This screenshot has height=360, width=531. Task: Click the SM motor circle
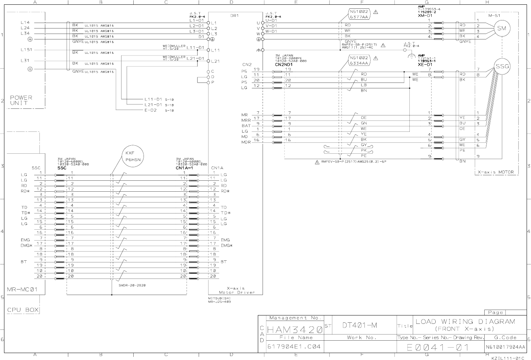tap(502, 28)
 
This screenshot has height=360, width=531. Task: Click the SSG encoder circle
tap(502, 66)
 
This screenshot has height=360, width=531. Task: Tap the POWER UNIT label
tap(21, 100)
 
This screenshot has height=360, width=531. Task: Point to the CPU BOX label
tap(23, 310)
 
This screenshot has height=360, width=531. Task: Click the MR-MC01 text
tap(22, 290)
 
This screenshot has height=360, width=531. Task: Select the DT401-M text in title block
tap(359, 325)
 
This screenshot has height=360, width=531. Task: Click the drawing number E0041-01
tap(438, 347)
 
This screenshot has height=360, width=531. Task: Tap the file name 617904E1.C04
tap(294, 346)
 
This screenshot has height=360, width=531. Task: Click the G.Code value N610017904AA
tap(505, 347)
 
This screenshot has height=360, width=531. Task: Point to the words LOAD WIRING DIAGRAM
tap(465, 321)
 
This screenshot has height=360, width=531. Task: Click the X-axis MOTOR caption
tap(496, 172)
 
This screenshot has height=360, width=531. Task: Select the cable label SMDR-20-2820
tap(132, 285)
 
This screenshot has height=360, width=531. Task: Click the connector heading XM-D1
tap(425, 16)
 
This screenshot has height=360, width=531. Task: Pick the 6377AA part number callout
tap(359, 17)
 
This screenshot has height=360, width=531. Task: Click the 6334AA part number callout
tap(359, 63)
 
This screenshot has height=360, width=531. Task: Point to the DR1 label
tap(234, 16)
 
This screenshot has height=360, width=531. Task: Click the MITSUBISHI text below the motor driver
tap(219, 298)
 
